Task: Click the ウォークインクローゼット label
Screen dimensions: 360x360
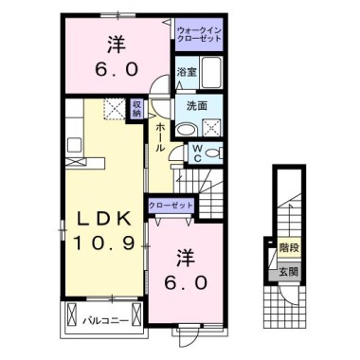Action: pos(200,35)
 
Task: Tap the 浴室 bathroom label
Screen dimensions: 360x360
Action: pos(186,72)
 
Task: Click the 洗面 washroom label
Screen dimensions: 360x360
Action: pos(196,105)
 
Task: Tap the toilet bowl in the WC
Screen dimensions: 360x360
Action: pos(215,151)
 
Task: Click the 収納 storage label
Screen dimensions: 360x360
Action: pos(136,109)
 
